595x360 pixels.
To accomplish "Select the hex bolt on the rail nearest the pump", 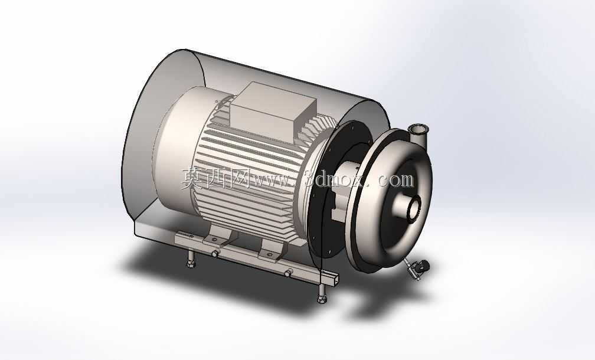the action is [288, 273].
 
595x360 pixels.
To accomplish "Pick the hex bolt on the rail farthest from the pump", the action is [215, 254].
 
